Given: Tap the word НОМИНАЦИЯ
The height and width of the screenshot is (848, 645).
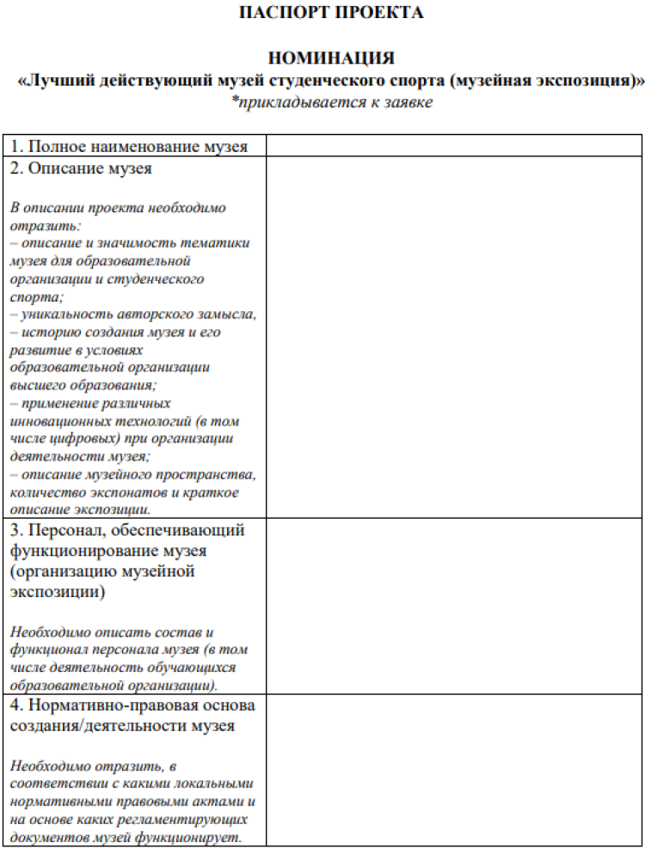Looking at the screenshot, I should (331, 58).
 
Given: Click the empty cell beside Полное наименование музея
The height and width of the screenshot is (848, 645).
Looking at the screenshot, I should (453, 146).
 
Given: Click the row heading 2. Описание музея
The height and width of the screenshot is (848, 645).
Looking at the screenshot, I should (82, 168).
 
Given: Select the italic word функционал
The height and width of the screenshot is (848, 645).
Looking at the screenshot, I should (50, 650).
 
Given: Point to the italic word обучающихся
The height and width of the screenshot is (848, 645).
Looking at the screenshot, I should (188, 668).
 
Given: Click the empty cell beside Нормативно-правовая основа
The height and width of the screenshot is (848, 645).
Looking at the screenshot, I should (453, 770).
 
